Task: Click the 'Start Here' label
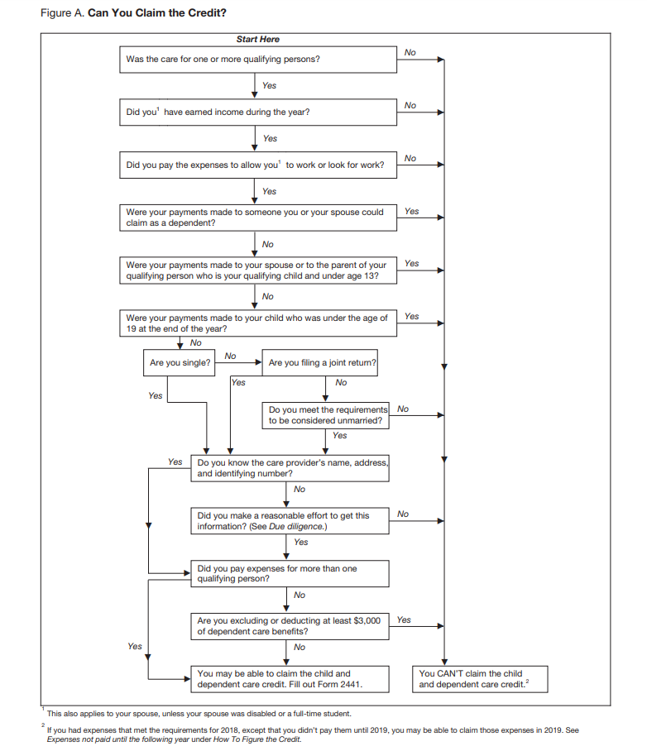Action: point(257,39)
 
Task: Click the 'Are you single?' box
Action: point(180,362)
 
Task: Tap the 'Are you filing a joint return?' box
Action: point(321,362)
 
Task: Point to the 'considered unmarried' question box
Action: point(327,415)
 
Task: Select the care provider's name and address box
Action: point(290,468)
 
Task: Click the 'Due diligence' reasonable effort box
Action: point(290,520)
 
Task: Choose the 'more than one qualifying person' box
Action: point(290,573)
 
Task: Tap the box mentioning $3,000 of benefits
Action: point(290,626)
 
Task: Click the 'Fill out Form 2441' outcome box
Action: point(290,679)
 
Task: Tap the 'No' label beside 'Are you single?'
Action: point(230,356)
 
